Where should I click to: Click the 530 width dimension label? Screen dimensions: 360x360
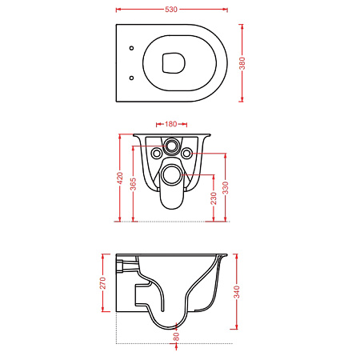pyautogui.click(x=171, y=10)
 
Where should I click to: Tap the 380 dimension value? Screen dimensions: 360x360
pyautogui.click(x=242, y=63)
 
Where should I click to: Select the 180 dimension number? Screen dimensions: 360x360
pyautogui.click(x=170, y=124)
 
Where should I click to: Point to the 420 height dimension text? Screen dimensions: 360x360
pyautogui.click(x=120, y=178)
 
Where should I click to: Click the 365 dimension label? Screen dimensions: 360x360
pyautogui.click(x=133, y=184)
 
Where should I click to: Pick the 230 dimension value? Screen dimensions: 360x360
pyautogui.click(x=214, y=198)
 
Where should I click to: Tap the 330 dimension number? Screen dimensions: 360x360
pyautogui.click(x=226, y=188)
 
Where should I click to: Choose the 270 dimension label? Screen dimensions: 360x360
pyautogui.click(x=102, y=283)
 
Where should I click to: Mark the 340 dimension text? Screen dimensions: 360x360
pyautogui.click(x=237, y=292)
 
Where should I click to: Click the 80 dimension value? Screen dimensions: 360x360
pyautogui.click(x=176, y=337)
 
